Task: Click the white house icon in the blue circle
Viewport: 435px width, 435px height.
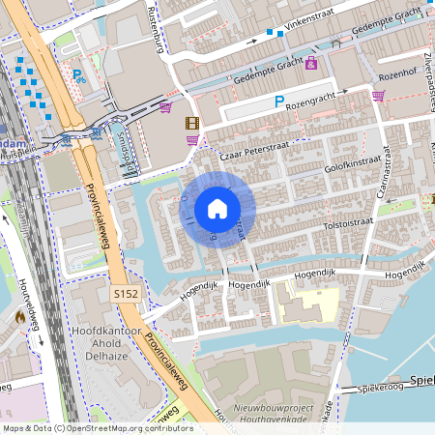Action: click(x=217, y=209)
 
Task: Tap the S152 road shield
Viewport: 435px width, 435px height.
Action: click(x=124, y=292)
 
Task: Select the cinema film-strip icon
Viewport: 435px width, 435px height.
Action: click(x=192, y=122)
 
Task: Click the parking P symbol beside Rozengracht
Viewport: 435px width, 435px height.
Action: click(x=279, y=101)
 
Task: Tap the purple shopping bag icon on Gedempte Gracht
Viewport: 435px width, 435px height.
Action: click(x=310, y=64)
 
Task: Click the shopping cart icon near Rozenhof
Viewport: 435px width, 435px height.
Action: click(x=378, y=95)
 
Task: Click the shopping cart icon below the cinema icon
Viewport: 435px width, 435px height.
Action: click(x=192, y=139)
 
